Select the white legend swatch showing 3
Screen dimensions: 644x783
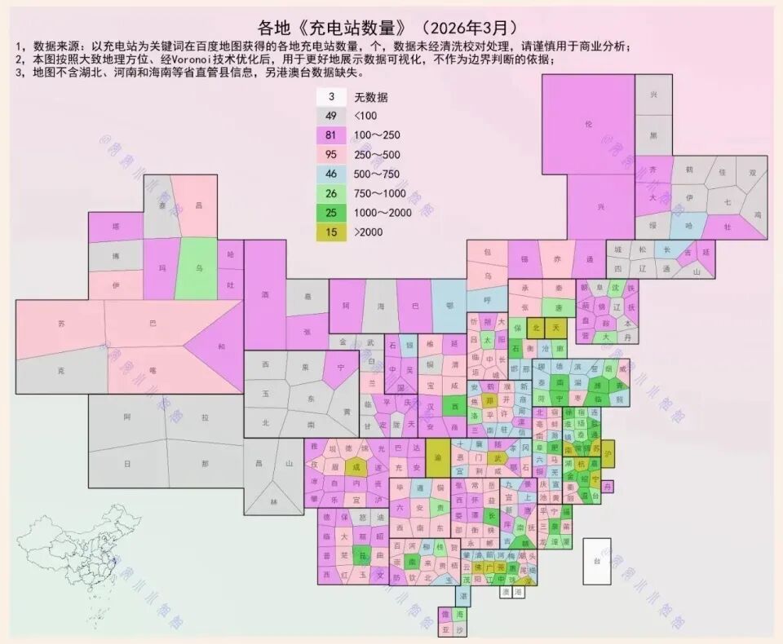point(332,96)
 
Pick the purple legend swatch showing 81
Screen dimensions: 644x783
point(332,135)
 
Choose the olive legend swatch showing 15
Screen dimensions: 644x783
point(332,232)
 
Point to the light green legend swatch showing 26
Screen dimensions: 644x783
point(332,193)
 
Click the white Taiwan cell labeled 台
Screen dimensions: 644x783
point(596,561)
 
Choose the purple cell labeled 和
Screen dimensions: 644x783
point(222,346)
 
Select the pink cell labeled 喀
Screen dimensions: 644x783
point(153,368)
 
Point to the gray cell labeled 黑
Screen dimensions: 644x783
point(653,135)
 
